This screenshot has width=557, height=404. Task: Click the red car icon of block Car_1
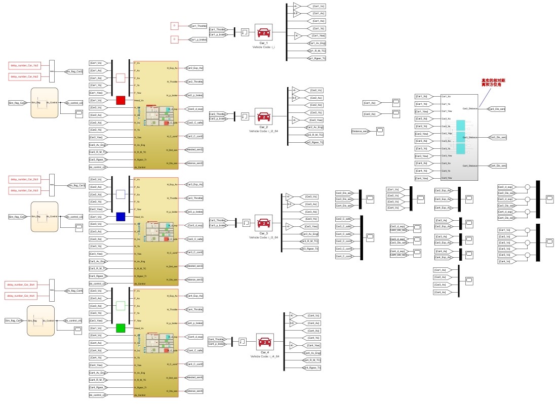click(263, 33)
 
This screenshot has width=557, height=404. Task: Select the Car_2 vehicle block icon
click(263, 117)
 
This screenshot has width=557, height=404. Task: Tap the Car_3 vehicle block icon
click(263, 223)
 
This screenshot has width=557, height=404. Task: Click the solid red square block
click(121, 100)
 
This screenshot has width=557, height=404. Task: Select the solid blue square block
click(121, 216)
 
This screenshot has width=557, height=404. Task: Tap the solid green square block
click(121, 328)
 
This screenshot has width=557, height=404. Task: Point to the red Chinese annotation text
click(493, 84)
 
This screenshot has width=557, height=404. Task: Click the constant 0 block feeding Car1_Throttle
click(174, 25)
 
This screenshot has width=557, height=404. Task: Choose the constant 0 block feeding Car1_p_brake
click(174, 39)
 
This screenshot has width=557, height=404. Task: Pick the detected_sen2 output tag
click(194, 150)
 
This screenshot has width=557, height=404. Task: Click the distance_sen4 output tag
click(194, 391)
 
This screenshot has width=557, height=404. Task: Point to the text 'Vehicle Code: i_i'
click(263, 47)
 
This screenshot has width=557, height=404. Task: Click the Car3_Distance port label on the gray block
click(469, 137)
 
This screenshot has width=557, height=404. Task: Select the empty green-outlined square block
click(121, 305)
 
